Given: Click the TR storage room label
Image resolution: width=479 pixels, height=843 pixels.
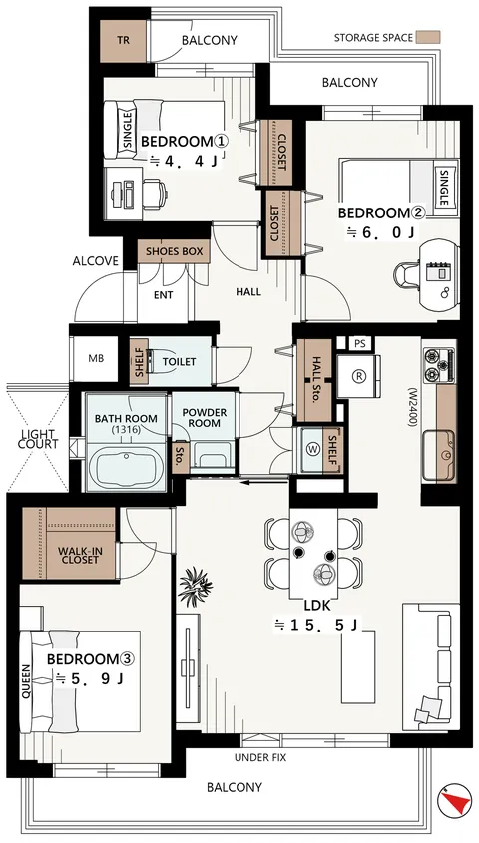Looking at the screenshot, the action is point(123,41).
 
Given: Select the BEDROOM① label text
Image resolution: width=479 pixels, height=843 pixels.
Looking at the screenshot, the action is point(185,142).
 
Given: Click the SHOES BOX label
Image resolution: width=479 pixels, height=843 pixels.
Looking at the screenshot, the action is point(174,251).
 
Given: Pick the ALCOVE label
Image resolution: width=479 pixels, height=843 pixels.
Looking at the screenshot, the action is point(95,261).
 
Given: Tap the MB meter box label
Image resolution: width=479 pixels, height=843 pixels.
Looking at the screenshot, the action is point(96,359).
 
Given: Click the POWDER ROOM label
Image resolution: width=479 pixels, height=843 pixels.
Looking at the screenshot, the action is point(205,418).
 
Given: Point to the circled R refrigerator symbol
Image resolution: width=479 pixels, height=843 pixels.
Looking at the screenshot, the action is point(358,376).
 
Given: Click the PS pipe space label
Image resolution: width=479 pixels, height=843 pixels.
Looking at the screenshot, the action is point(359,344).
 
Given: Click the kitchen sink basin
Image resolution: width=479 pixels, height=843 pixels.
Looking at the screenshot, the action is point(438,455).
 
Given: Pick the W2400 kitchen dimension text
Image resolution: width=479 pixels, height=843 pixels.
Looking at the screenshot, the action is point(412,407).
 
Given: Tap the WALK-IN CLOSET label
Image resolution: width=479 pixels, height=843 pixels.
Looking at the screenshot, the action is point(79,555).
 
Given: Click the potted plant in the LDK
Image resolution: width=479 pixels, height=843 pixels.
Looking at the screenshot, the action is point(196,585).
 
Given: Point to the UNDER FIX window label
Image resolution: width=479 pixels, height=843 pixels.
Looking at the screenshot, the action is point(260,758).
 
